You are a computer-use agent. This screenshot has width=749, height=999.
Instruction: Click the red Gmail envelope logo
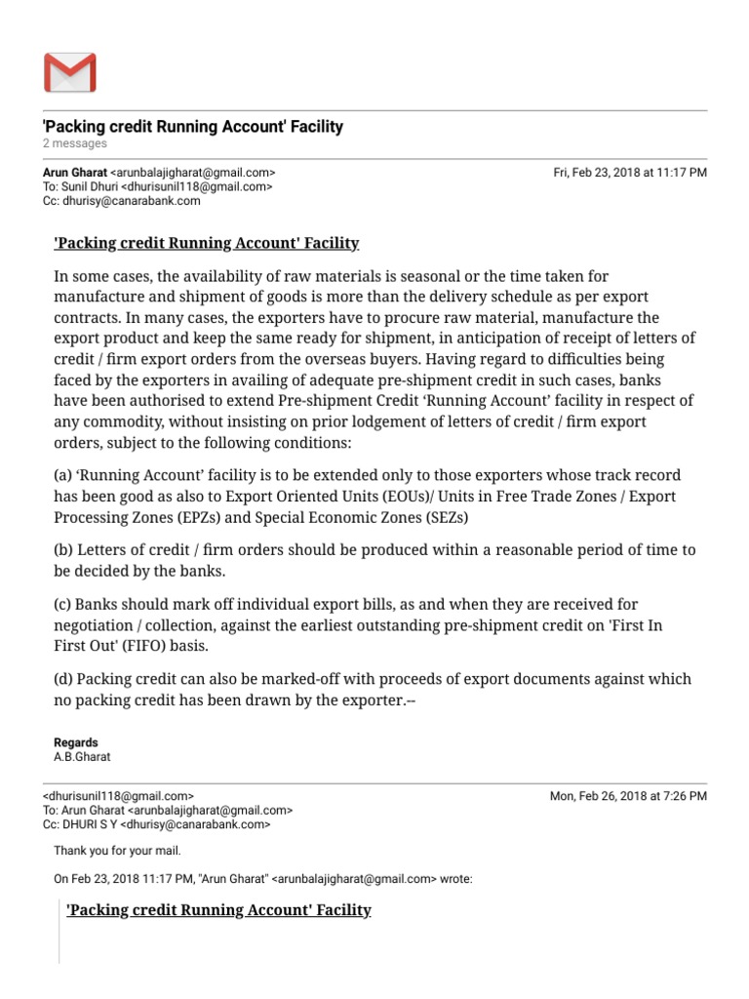[69, 73]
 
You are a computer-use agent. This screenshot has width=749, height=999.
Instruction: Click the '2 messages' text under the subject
[75, 143]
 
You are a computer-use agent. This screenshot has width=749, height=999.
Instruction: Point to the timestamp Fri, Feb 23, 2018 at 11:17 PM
[630, 172]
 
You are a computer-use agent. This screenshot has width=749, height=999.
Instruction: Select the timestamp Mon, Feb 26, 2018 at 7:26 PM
[628, 796]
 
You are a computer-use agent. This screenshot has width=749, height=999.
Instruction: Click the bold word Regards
[76, 742]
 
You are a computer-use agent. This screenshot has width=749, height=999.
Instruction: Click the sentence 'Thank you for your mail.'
[117, 851]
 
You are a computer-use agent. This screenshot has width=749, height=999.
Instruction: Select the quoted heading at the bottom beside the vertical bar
[218, 910]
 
